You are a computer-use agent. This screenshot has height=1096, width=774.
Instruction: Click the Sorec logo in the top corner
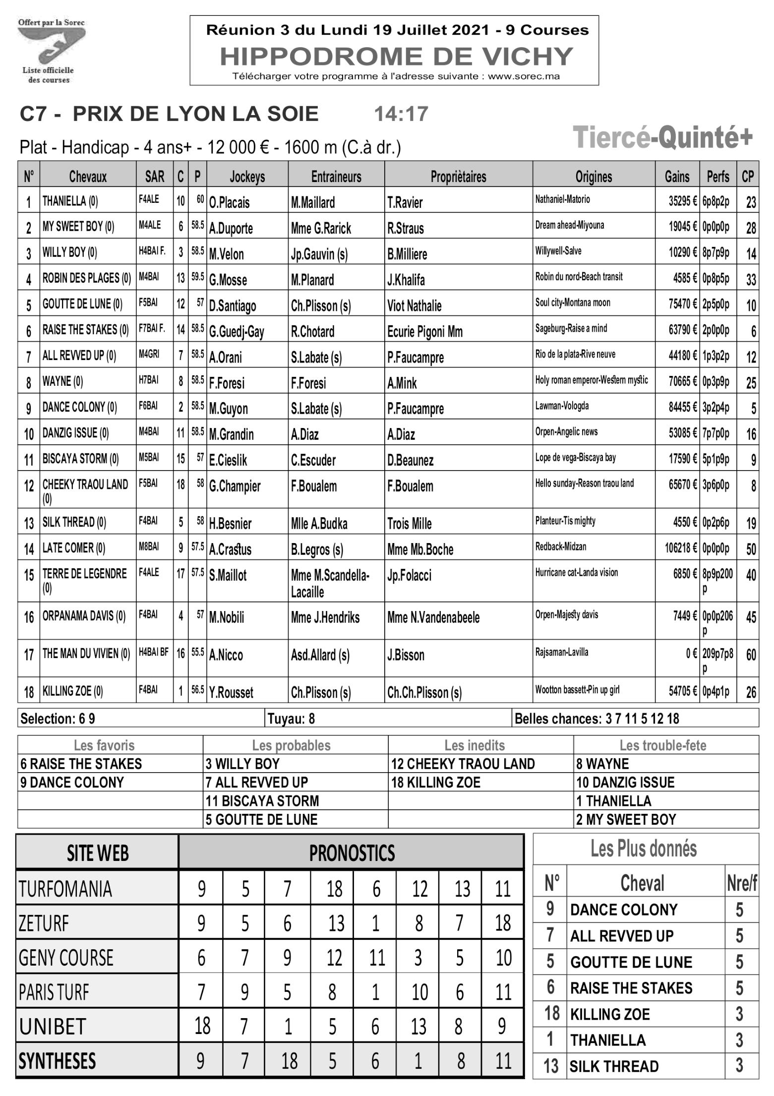click(51, 50)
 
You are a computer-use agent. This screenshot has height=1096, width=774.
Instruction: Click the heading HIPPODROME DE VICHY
click(396, 56)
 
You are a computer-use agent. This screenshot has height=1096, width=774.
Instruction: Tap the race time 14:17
click(401, 114)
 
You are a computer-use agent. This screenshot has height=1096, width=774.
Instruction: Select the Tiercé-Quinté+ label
click(662, 137)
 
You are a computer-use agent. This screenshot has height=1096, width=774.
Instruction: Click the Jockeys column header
click(247, 177)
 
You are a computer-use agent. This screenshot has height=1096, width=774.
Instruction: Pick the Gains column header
click(677, 177)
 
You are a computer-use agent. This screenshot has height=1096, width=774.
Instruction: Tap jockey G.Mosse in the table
click(228, 280)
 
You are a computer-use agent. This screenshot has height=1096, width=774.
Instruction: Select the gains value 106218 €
click(681, 548)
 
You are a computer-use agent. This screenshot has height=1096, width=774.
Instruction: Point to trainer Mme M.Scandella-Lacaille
click(330, 584)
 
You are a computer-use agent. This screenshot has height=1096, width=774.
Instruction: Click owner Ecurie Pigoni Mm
click(424, 332)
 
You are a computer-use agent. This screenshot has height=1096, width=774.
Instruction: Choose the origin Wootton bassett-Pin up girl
click(577, 690)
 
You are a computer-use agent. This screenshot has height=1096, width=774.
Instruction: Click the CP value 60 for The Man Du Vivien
click(751, 655)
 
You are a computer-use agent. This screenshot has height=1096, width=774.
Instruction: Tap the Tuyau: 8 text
click(291, 719)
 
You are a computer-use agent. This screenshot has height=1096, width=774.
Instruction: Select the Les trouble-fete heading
click(662, 745)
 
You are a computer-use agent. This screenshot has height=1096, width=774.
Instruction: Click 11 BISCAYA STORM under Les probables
click(262, 801)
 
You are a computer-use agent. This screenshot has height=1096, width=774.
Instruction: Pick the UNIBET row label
click(53, 1026)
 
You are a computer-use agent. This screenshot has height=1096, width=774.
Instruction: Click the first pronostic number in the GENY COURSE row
click(201, 958)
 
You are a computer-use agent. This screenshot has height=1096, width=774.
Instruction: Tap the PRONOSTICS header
click(352, 853)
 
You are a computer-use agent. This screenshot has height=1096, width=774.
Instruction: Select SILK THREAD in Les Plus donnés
click(614, 1066)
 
